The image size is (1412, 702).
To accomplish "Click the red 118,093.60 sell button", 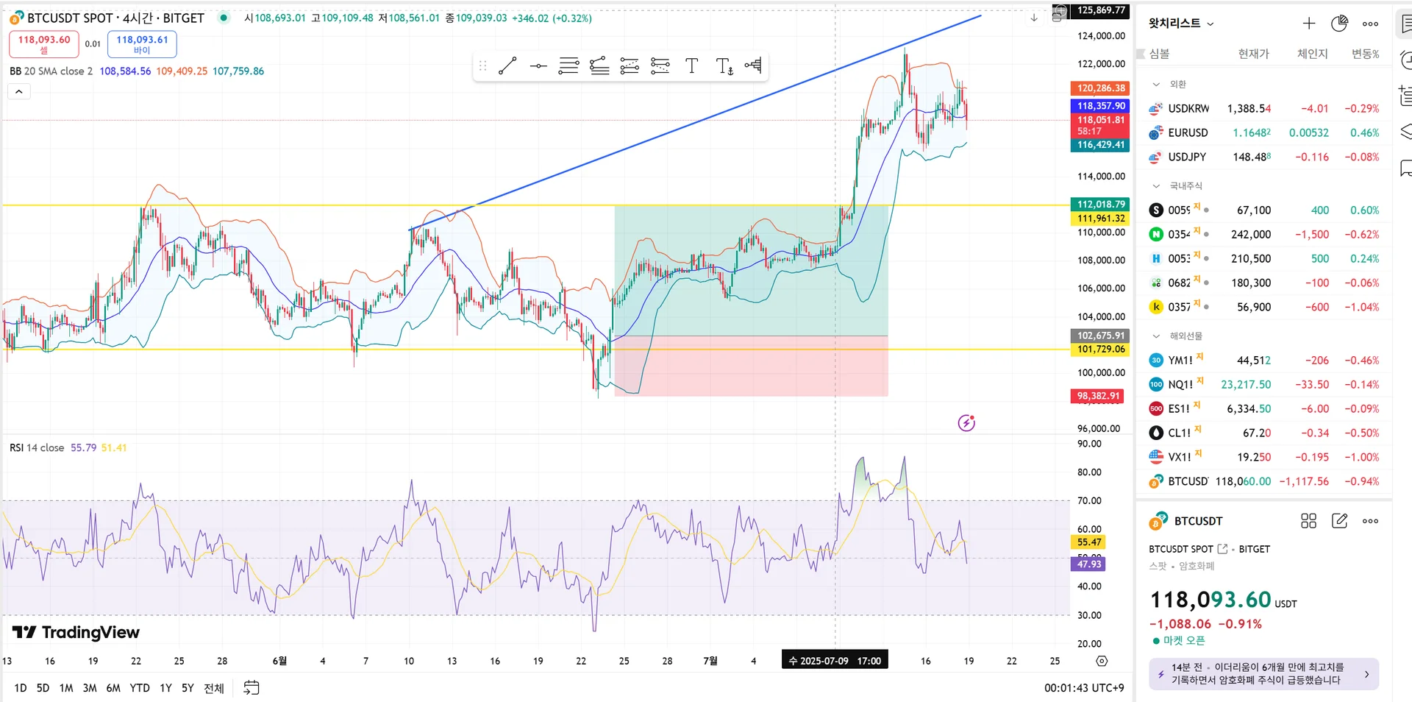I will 44,44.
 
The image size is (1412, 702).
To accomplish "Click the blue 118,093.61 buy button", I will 142,44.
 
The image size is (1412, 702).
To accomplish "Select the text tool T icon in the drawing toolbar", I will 691,66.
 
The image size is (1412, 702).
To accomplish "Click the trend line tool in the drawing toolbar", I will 507,66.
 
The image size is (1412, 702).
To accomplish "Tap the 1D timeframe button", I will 21,688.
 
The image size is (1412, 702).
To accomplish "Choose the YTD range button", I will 140,688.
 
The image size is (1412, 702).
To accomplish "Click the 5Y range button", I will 188,688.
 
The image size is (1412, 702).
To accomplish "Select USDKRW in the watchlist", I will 1188,109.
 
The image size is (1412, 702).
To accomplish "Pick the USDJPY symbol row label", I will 1187,157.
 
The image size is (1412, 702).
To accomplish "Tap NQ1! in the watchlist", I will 1180,385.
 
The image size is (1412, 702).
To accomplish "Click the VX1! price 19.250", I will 1254,458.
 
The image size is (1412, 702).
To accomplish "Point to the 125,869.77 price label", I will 1101,10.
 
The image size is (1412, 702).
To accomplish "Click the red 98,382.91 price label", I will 1099,396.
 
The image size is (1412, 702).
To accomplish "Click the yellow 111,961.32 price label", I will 1101,219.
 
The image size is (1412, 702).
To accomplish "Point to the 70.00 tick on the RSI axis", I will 1089,501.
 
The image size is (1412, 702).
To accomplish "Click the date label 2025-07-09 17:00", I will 835,661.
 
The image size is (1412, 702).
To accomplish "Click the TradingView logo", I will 76,633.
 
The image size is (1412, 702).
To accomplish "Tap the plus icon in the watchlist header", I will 1308,24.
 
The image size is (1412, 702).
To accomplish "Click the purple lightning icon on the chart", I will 966,423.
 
